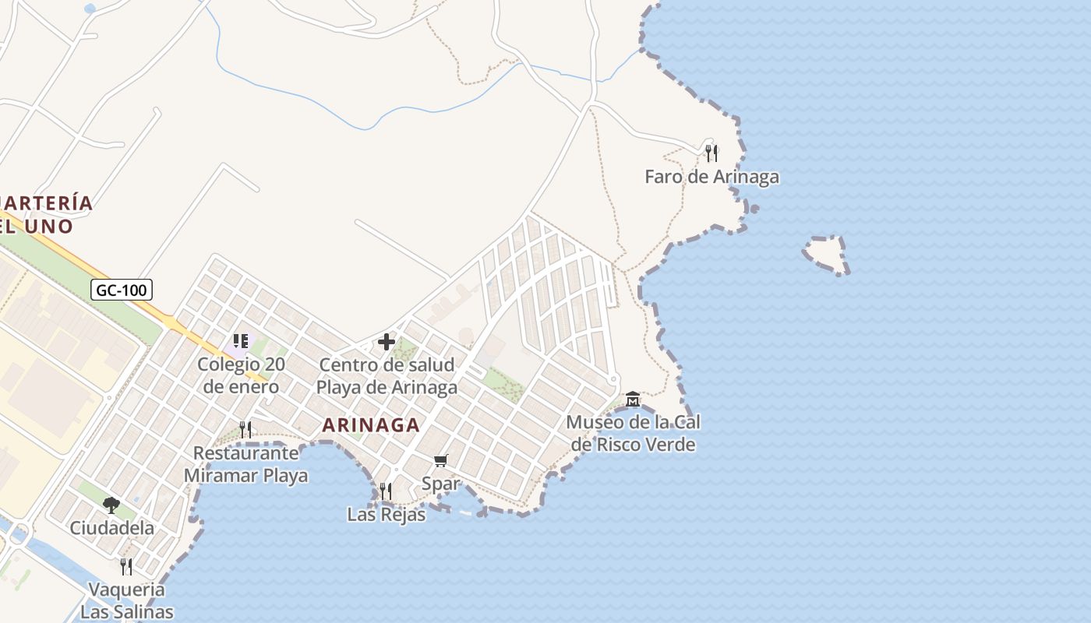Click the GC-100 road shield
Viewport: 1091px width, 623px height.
click(121, 290)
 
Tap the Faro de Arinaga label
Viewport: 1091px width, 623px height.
click(711, 177)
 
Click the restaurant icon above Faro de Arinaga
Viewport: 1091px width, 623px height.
click(711, 153)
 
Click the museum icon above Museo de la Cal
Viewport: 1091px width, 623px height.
click(633, 399)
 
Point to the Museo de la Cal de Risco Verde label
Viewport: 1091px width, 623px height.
click(633, 433)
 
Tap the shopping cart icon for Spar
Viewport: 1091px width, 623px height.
click(440, 461)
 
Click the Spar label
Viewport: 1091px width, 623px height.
click(440, 483)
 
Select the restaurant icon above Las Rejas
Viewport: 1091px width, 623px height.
click(386, 491)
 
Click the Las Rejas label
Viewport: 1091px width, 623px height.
click(387, 514)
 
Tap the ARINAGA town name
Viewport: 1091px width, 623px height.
click(371, 425)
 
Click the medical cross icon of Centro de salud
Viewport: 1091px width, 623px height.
click(387, 342)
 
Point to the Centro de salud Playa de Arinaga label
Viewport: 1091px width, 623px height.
click(387, 376)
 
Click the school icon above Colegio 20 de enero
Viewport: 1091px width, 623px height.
click(241, 341)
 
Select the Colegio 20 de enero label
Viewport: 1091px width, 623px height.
click(241, 375)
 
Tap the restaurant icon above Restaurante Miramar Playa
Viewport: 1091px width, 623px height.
click(245, 429)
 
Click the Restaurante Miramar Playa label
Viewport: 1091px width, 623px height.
click(245, 464)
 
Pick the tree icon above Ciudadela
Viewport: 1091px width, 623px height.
click(111, 505)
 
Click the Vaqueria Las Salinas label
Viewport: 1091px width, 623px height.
click(126, 600)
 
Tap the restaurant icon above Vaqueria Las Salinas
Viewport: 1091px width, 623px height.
click(126, 566)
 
